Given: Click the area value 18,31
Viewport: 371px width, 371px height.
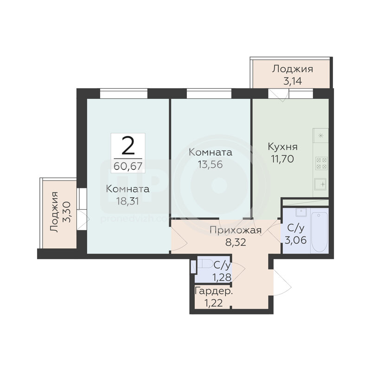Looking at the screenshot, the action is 128,201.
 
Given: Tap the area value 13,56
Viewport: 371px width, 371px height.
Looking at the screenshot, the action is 211,164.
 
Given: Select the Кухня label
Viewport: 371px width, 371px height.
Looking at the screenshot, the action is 283,147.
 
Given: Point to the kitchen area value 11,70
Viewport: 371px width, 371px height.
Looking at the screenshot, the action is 283,159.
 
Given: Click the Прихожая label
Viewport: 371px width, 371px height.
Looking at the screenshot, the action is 236,230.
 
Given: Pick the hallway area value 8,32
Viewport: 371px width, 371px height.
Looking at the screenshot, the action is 236,242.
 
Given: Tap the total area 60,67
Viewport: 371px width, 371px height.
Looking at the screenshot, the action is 128,166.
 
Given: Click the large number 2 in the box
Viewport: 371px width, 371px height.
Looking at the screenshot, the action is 128,146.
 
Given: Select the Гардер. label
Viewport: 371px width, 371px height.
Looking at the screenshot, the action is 214,292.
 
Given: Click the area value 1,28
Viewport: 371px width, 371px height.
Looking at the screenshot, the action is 222,277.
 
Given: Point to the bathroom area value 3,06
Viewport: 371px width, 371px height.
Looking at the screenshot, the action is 296,240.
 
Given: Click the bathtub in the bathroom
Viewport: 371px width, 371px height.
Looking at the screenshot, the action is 320,232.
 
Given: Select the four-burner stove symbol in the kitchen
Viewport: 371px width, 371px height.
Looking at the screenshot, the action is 321,163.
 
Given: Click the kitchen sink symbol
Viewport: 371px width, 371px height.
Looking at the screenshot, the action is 320,184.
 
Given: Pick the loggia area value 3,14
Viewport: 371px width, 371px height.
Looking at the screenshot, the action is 293,81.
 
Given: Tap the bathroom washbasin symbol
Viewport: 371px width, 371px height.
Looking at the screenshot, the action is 301,212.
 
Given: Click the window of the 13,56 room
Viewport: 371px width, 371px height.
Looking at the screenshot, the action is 209,93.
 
